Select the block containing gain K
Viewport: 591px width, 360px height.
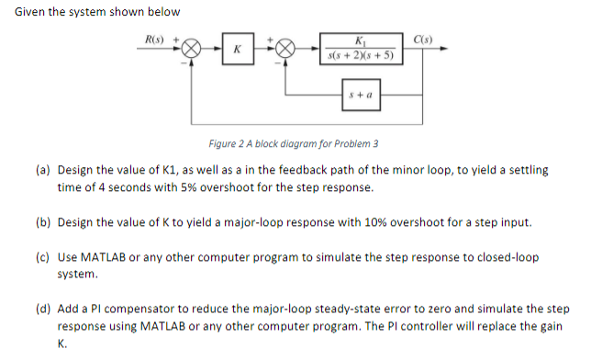239,50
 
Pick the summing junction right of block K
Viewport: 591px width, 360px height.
286,50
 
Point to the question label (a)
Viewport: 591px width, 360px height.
43,171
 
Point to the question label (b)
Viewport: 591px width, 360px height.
43,223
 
